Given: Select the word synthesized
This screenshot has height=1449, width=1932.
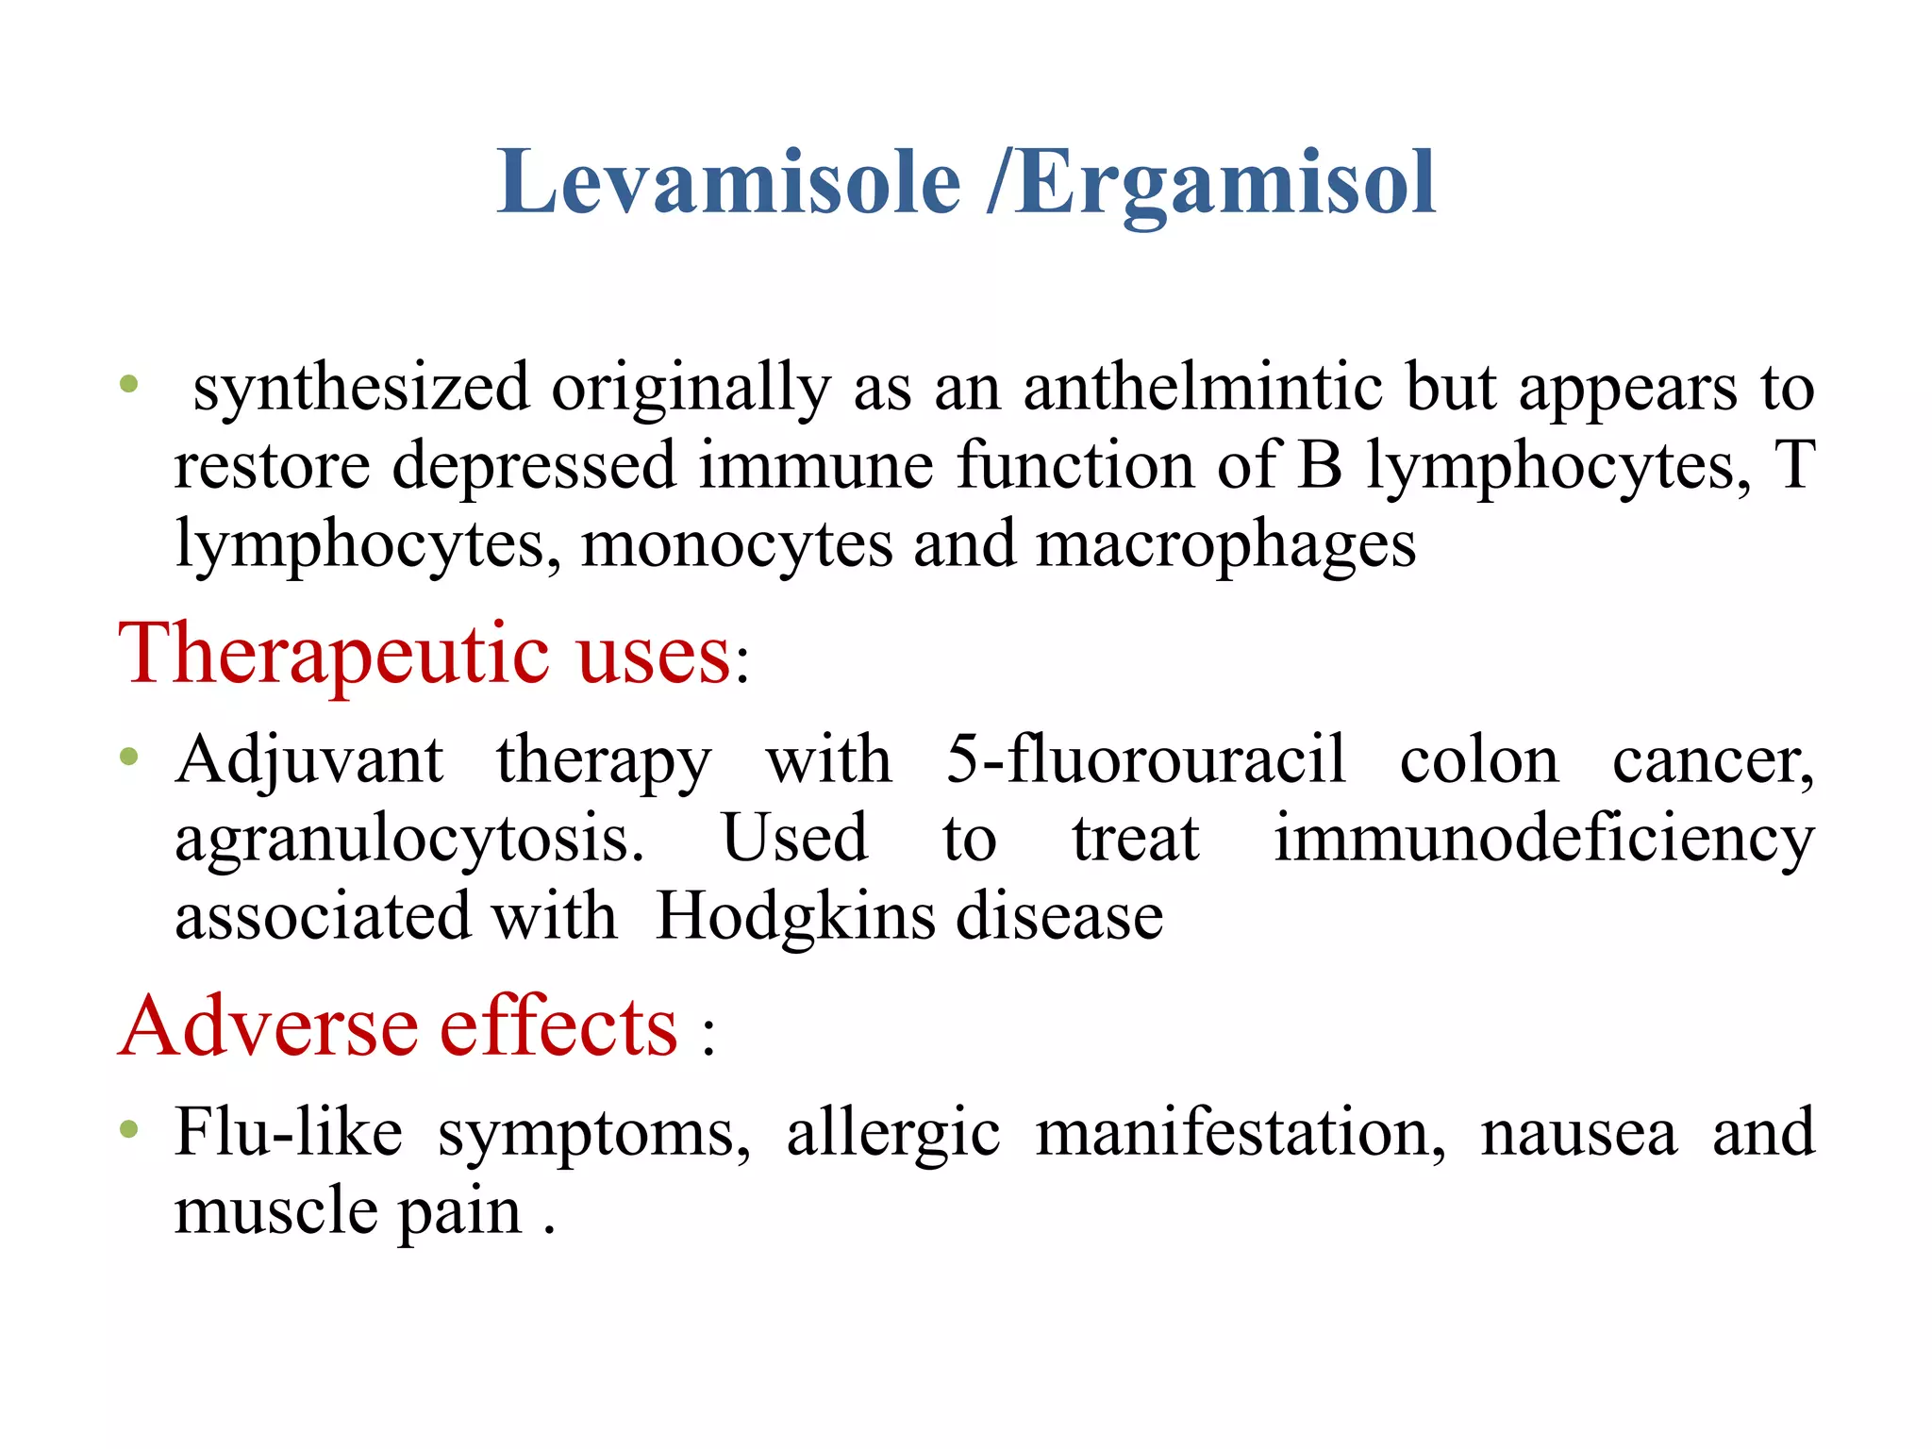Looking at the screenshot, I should [x=361, y=389].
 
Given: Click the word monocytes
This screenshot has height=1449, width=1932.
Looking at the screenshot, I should [x=737, y=545].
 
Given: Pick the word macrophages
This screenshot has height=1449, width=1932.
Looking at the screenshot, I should [x=1226, y=545].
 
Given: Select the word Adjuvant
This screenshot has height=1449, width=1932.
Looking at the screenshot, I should [x=309, y=760].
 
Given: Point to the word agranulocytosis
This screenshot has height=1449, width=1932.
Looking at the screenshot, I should [x=409, y=839].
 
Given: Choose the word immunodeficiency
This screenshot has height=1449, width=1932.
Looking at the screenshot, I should [x=1543, y=838].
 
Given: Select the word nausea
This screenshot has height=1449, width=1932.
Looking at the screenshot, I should [x=1579, y=1133].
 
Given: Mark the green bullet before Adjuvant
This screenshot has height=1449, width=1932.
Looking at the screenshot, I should [x=130, y=756].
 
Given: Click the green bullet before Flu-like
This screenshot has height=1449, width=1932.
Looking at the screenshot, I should [x=130, y=1128].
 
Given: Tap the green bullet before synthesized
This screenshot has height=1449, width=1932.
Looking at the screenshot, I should [x=130, y=384].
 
